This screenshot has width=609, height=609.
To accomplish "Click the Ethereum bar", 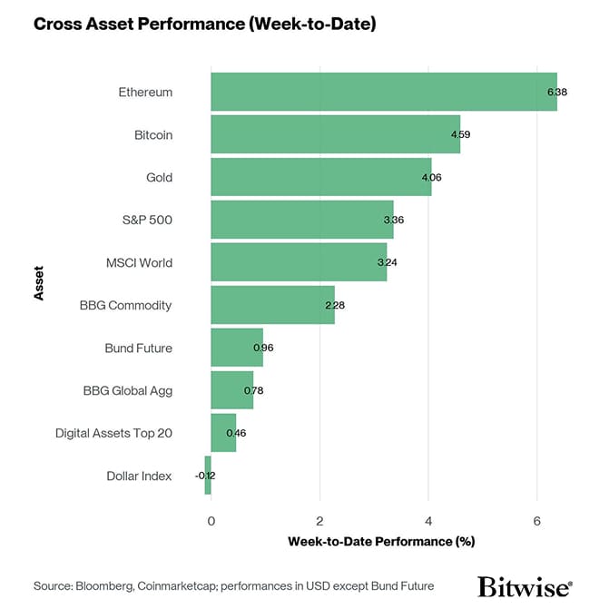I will point(383,92).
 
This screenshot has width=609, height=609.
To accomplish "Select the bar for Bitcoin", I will point(335,134).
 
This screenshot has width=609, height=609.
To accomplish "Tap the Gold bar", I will point(320,177).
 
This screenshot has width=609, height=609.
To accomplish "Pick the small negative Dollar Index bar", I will point(208,475).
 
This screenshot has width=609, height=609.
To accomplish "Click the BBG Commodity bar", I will point(272,305).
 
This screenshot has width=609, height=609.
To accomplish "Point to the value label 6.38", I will point(557,92).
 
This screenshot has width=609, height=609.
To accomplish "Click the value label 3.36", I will point(393,220).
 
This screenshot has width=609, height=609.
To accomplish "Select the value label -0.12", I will point(204,475).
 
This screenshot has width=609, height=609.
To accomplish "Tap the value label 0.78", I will point(253,390).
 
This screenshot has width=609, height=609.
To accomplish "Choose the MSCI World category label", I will point(139,262).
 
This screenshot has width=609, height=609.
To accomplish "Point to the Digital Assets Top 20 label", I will point(113,433).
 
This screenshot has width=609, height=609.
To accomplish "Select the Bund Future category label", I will point(138,348).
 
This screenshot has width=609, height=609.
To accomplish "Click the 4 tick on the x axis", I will point(428,521).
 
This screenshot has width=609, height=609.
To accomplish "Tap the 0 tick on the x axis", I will point(211,521).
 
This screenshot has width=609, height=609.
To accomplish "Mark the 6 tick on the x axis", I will point(537,521).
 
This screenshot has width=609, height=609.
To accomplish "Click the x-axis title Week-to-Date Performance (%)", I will point(381,542).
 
